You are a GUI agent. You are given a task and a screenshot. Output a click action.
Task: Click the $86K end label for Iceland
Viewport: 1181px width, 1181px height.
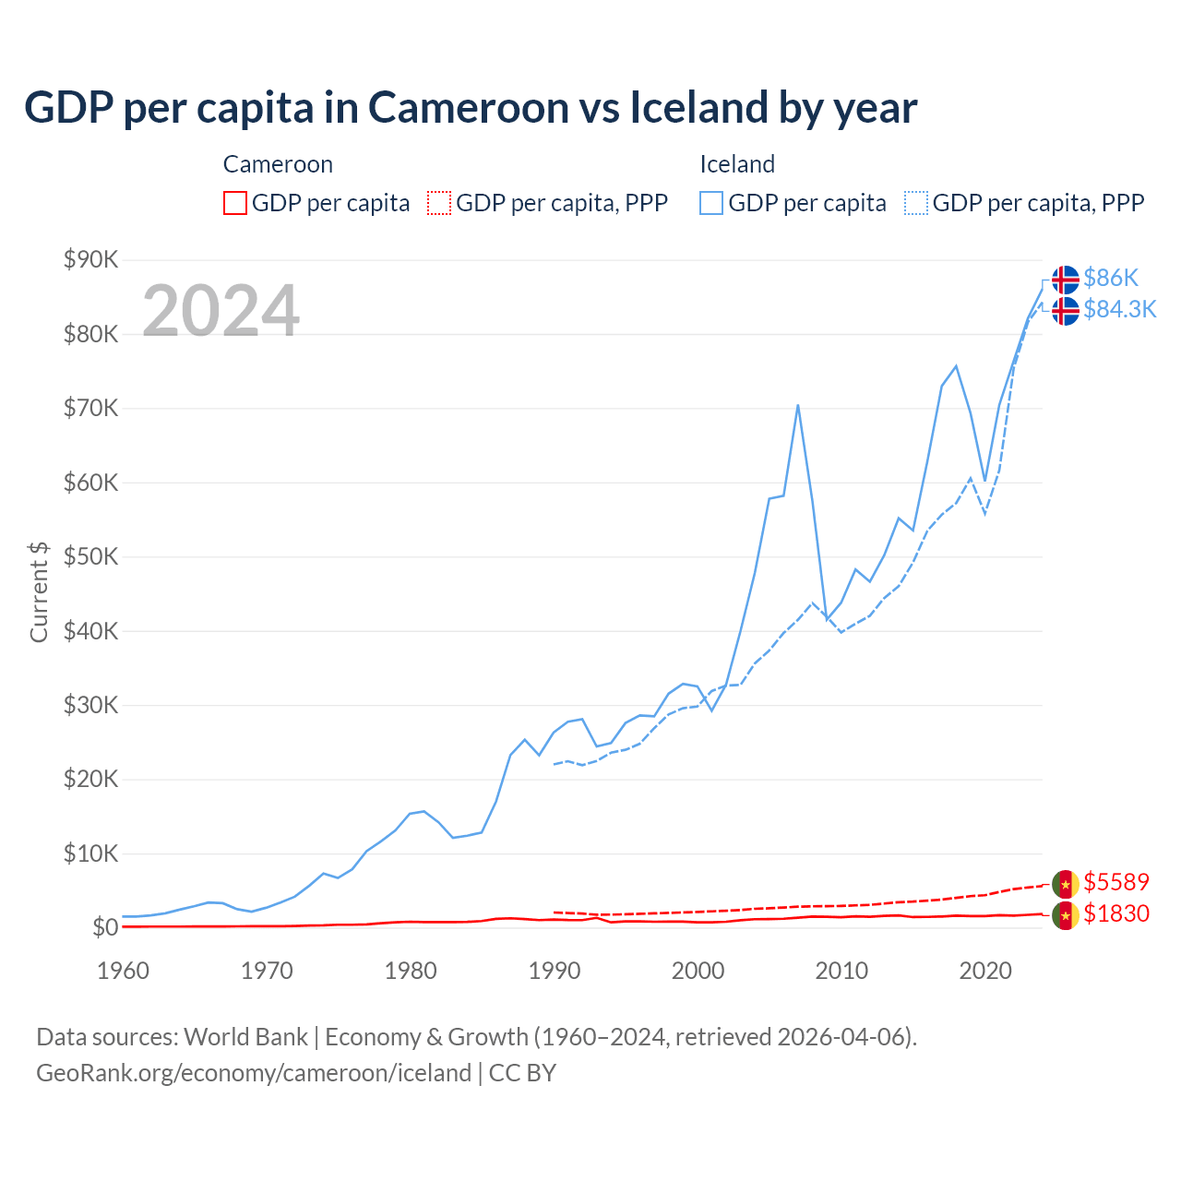1111,278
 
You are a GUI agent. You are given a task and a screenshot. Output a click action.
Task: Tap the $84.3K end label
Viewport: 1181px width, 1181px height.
1119,309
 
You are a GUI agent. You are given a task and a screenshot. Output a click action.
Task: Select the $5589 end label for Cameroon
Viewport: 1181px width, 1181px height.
1115,882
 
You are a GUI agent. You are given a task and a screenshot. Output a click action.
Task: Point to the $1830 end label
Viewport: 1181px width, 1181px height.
1115,913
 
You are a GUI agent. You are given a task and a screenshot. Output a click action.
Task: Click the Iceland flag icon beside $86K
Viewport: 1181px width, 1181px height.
1066,280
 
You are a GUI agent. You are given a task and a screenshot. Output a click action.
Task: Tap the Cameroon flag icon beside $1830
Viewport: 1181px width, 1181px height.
1066,915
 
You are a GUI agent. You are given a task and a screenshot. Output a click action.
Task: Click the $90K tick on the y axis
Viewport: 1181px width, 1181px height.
90,259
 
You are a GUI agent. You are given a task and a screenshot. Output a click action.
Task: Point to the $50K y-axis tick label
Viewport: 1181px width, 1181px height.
90,556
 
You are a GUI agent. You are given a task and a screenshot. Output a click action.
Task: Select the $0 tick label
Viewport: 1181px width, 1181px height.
105,927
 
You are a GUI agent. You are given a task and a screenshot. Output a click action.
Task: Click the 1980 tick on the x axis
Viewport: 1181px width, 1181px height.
411,971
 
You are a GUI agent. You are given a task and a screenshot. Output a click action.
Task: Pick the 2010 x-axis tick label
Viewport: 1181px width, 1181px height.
841,971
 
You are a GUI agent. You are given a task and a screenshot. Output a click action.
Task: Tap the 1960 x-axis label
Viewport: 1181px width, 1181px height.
123,971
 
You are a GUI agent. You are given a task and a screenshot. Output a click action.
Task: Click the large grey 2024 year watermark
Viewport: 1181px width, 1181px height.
221,311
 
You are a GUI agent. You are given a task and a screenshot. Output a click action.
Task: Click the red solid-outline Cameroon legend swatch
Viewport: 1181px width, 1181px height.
235,203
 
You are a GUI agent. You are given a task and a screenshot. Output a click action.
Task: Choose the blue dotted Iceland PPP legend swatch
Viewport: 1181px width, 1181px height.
916,203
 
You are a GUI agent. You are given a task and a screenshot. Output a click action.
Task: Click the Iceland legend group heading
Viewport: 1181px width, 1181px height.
736,164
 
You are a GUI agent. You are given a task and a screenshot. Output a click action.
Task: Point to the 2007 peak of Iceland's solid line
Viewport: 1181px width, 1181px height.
797,405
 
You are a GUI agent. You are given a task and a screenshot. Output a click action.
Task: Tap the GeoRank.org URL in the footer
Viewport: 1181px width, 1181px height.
254,1073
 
